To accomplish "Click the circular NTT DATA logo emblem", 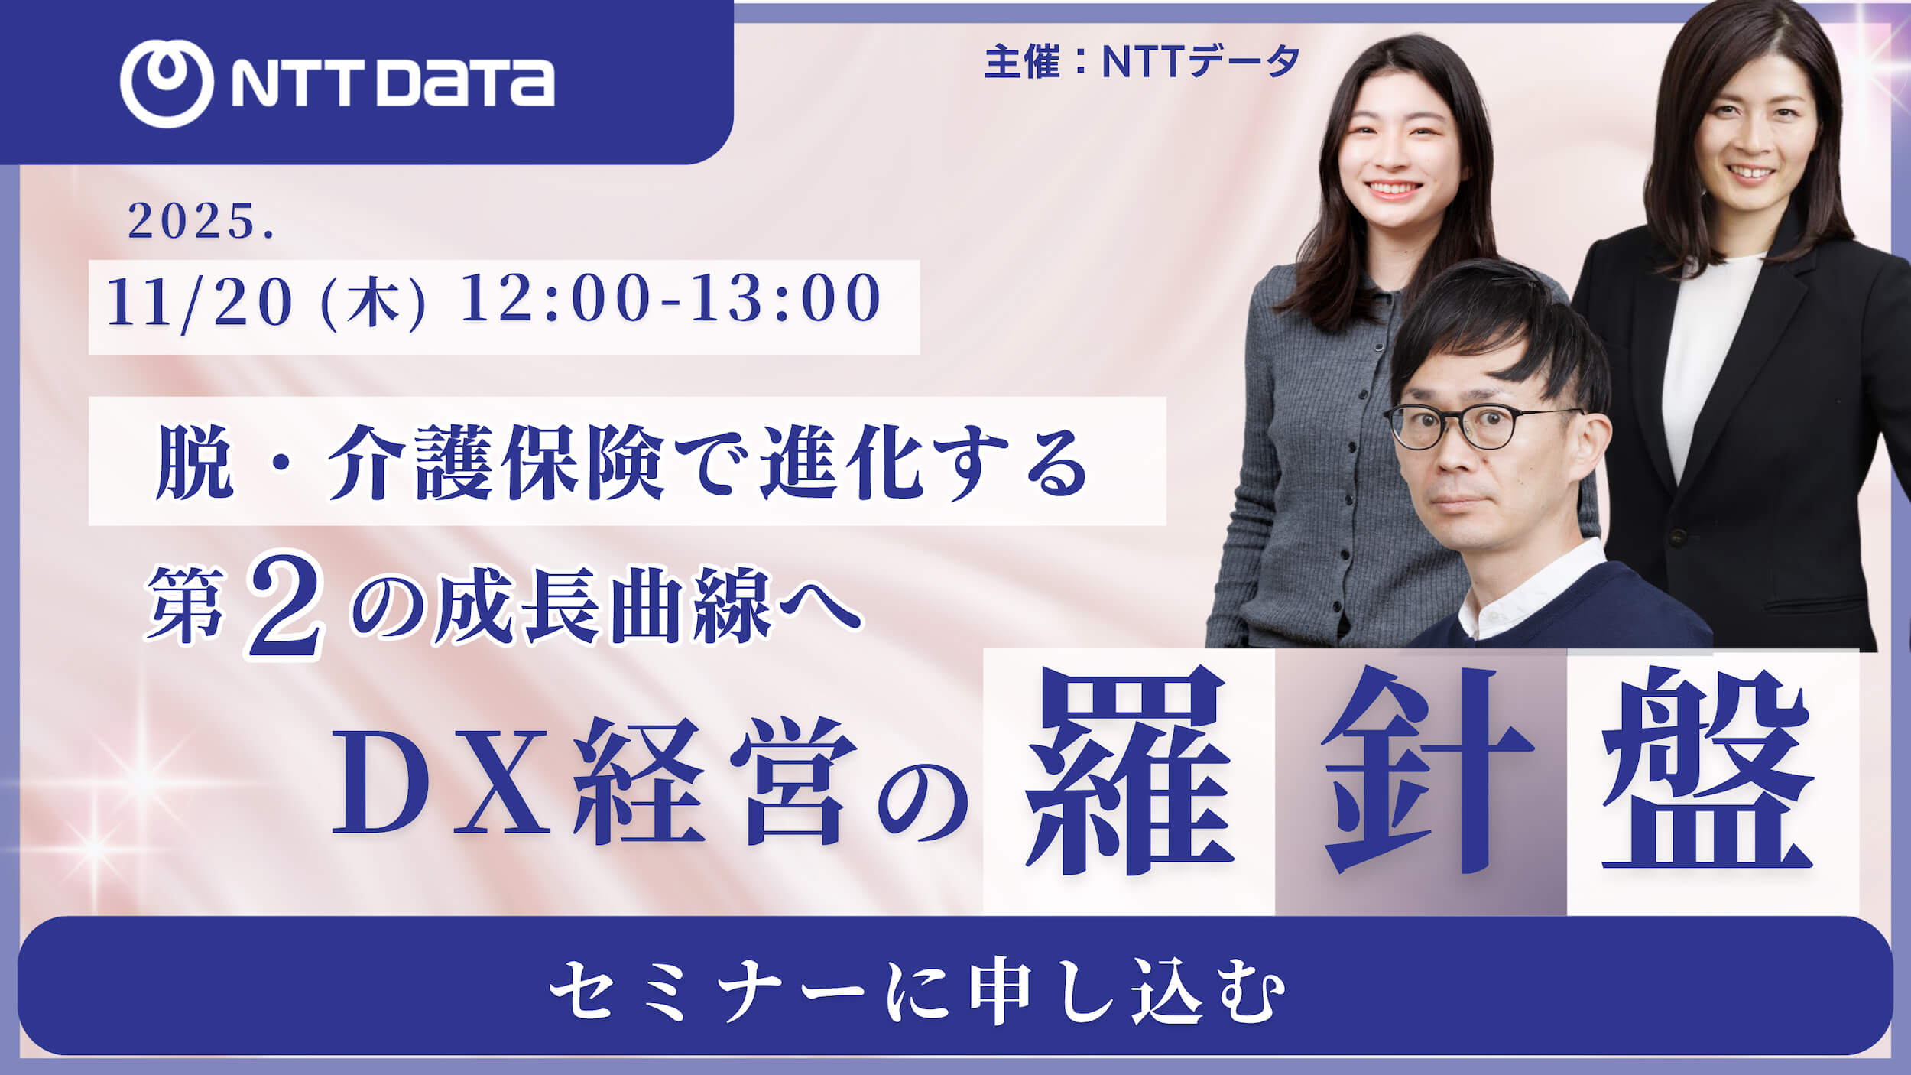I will point(166,83).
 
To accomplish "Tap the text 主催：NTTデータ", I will point(1142,61).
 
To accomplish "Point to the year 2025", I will point(200,222).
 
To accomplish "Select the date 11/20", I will point(200,302).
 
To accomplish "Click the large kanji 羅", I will point(1127,772).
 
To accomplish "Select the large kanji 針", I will point(1420,772).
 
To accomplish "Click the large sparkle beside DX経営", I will point(141,780).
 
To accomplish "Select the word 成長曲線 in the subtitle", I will point(604,612).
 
